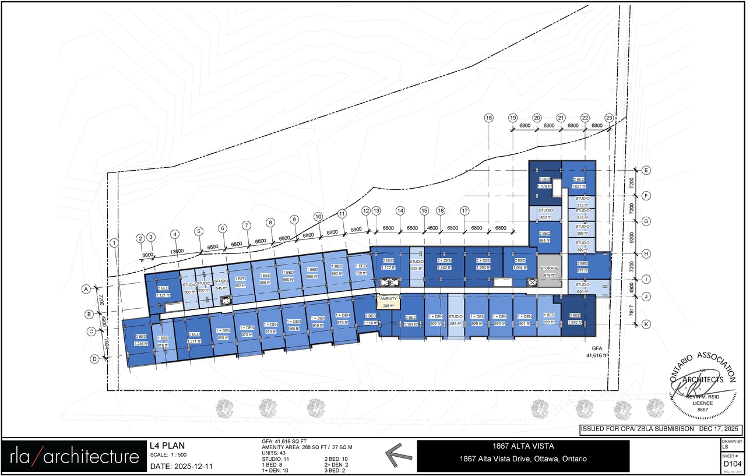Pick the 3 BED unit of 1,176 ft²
click(x=543, y=183)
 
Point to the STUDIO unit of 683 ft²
click(x=455, y=320)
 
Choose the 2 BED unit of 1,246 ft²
click(x=140, y=340)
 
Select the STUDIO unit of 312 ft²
click(x=582, y=202)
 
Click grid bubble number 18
click(x=488, y=118)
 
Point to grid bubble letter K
click(x=646, y=324)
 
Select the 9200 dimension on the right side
click(x=632, y=238)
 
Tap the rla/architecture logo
click(x=74, y=457)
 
